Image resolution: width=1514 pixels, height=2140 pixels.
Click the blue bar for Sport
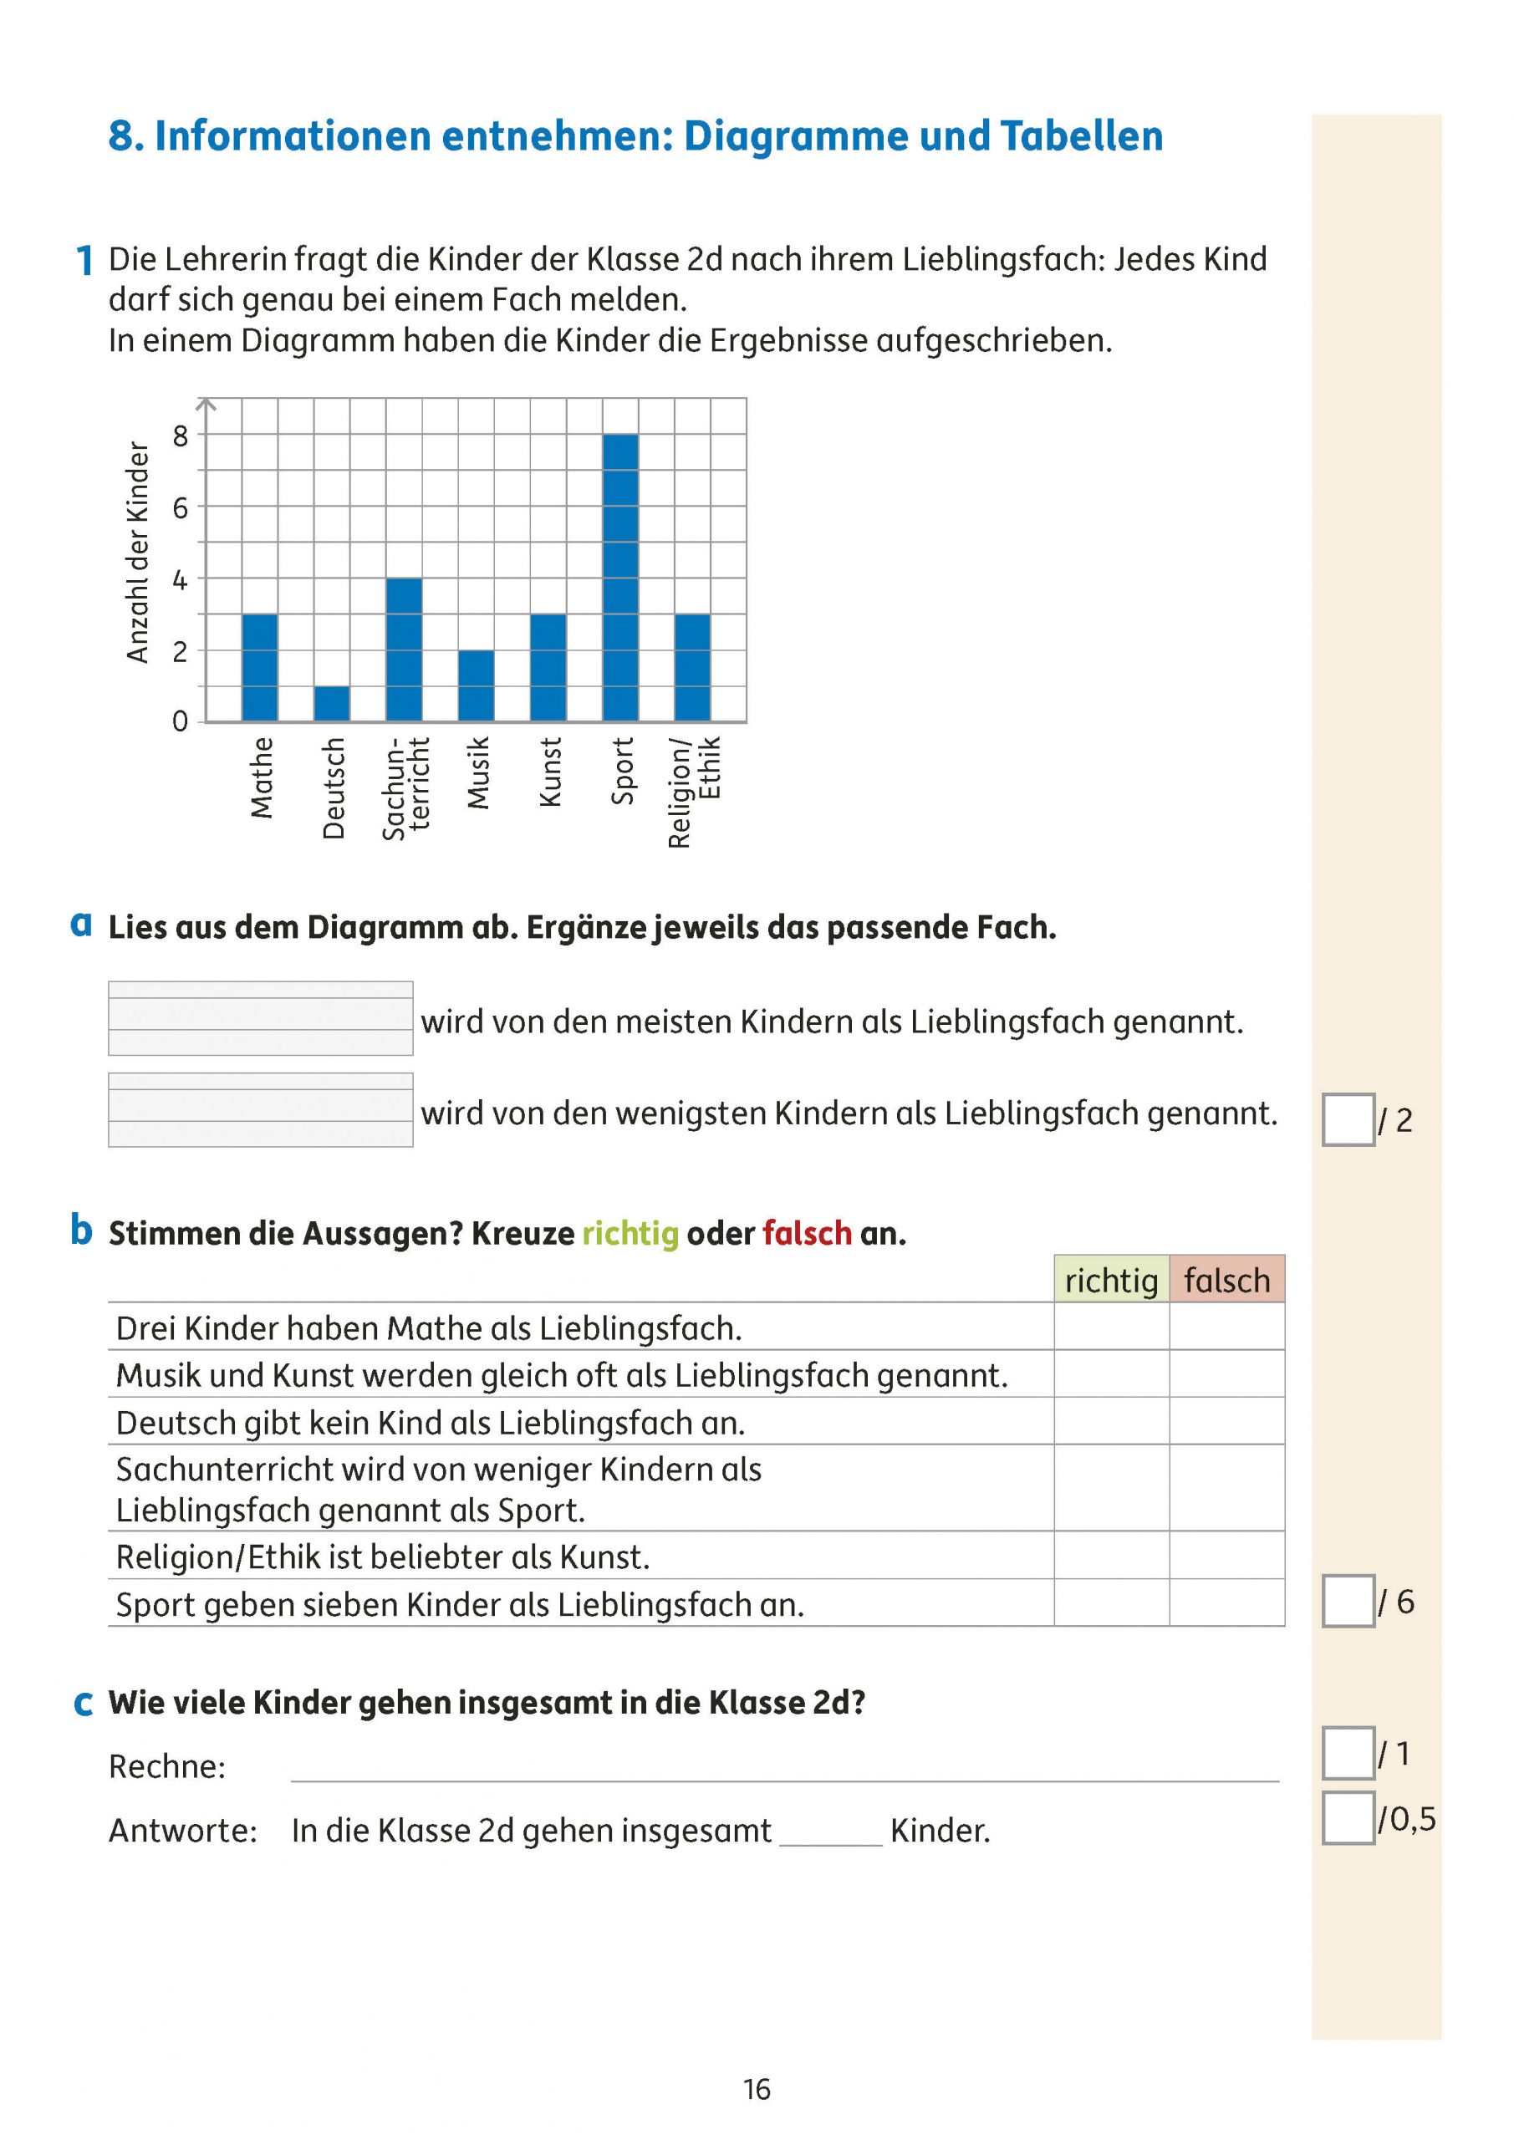tap(620, 578)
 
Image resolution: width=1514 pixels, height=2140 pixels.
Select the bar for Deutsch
tap(332, 705)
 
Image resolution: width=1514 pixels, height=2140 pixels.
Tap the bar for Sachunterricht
tap(404, 650)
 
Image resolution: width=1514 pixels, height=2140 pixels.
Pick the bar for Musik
tap(477, 686)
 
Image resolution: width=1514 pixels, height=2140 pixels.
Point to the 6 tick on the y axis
tap(180, 508)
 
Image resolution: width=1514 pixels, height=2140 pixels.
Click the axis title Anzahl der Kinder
tap(138, 553)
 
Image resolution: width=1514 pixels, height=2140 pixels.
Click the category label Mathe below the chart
tap(262, 777)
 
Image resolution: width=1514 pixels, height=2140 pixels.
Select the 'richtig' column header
tap(1111, 1280)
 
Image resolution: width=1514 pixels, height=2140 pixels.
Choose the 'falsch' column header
tap(1227, 1280)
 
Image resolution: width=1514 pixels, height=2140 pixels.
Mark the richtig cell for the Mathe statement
tap(1111, 1327)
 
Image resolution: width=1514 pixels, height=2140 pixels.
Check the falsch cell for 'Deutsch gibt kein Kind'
tap(1227, 1421)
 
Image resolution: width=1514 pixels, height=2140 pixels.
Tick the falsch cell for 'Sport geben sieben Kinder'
tap(1227, 1604)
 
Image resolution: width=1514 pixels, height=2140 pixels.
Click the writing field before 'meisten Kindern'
tap(260, 1018)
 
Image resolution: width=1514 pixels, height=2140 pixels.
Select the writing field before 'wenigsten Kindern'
tap(260, 1109)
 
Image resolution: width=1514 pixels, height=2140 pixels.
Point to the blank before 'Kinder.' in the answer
tap(829, 1832)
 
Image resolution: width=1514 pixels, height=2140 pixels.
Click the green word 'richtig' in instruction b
tap(630, 1233)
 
